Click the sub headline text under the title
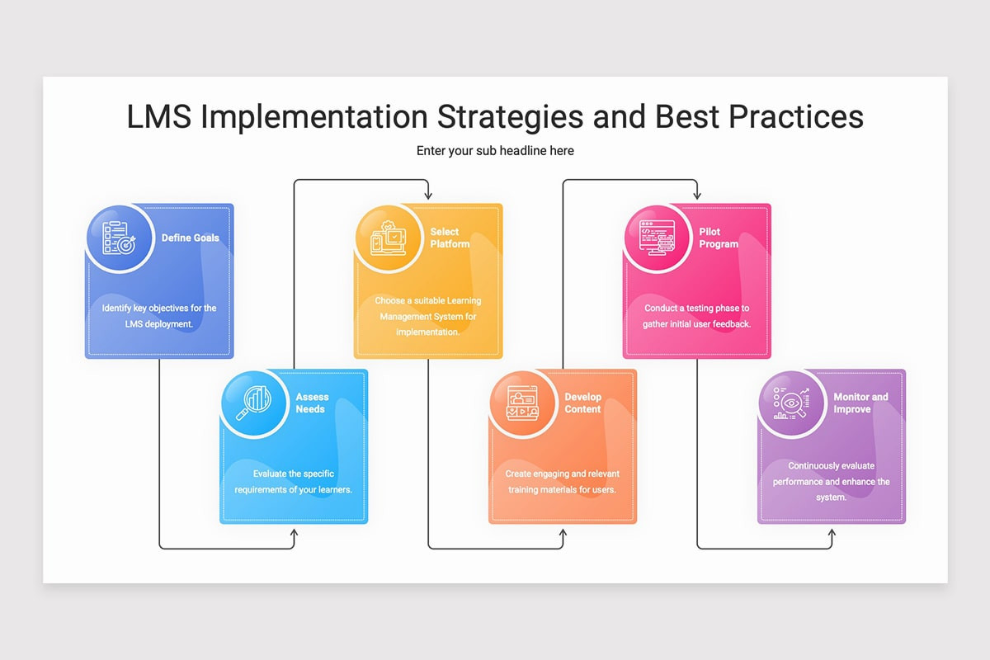tap(495, 151)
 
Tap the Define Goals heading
tap(190, 238)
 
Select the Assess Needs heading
tap(312, 403)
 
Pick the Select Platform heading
tap(450, 238)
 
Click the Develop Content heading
tap(583, 403)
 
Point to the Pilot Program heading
tap(719, 238)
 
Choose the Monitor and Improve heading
tap(860, 403)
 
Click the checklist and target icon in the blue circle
tap(119, 238)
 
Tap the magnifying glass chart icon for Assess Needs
tap(254, 403)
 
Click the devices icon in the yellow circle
tap(388, 238)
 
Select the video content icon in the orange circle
tap(522, 403)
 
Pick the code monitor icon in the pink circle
tap(658, 238)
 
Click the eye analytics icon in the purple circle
tap(791, 403)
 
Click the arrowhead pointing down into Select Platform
tap(428, 195)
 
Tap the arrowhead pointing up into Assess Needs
tap(294, 534)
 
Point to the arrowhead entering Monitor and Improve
tap(832, 534)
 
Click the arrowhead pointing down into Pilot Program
tap(697, 195)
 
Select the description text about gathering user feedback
tap(696, 316)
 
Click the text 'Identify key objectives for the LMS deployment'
tap(159, 316)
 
